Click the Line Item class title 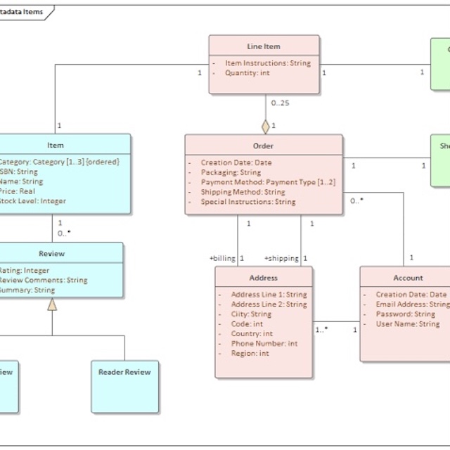pos(264,46)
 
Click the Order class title pos(264,146)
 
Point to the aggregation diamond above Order pos(266,127)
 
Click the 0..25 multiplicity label pos(279,103)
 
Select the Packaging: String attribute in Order pos(231,172)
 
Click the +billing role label pos(222,258)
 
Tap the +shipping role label pos(281,258)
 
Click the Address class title pos(264,278)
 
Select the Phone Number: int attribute pos(264,344)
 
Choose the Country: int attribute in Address pos(252,334)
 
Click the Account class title pos(408,278)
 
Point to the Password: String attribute pos(405,314)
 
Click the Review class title pos(51,254)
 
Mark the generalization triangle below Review pos(51,304)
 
